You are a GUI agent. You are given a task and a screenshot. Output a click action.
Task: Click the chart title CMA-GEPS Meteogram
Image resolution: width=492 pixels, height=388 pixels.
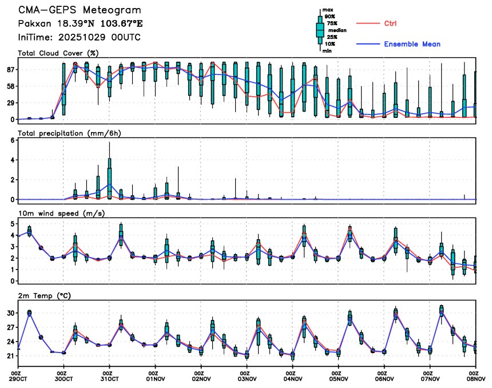pyautogui.click(x=79, y=11)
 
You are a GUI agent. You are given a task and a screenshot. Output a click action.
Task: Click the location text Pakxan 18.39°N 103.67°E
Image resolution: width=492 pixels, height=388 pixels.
pyautogui.click(x=81, y=25)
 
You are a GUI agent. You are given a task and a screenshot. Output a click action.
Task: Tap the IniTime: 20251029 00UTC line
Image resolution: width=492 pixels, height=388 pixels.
pyautogui.click(x=79, y=38)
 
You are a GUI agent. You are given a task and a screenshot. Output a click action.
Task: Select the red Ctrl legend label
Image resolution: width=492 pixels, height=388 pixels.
pyautogui.click(x=390, y=23)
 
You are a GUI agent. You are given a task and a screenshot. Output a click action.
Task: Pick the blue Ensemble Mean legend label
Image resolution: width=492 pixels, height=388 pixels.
pyautogui.click(x=412, y=44)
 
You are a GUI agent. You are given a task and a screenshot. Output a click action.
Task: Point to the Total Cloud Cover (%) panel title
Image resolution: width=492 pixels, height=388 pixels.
pyautogui.click(x=58, y=53)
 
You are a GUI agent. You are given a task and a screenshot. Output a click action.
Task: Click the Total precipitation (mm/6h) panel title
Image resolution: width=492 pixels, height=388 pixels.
pyautogui.click(x=70, y=133)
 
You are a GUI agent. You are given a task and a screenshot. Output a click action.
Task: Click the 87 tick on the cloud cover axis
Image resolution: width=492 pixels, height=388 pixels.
pyautogui.click(x=10, y=69)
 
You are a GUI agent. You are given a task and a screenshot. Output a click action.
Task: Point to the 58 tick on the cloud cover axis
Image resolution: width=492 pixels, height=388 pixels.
pyautogui.click(x=10, y=86)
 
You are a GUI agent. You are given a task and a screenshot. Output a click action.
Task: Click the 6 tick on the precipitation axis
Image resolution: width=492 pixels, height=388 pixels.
pyautogui.click(x=12, y=140)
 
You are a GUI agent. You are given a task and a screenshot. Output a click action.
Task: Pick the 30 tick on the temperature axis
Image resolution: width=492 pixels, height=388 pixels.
pyautogui.click(x=10, y=313)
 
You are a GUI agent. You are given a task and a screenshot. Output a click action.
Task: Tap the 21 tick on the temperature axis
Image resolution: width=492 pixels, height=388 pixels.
pyautogui.click(x=10, y=356)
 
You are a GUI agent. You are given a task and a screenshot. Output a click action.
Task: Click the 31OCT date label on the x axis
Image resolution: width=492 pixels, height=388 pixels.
pyautogui.click(x=109, y=378)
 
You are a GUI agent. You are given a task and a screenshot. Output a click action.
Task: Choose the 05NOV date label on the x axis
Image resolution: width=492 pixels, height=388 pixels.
pyautogui.click(x=338, y=378)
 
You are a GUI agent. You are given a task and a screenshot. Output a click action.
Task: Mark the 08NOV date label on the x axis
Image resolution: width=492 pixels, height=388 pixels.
pyautogui.click(x=475, y=378)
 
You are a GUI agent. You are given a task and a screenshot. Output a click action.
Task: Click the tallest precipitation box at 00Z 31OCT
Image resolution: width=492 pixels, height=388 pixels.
pyautogui.click(x=109, y=182)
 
